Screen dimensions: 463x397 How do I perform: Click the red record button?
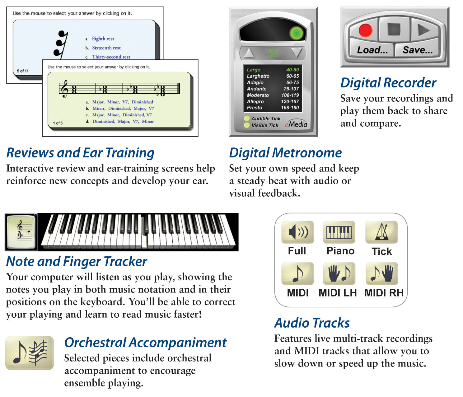coord(365,30)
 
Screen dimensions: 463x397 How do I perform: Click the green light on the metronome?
coord(296,33)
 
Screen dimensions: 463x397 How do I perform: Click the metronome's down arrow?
coord(297,53)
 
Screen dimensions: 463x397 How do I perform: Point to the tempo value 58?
coord(273,53)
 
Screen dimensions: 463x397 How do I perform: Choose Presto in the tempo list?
coord(255,108)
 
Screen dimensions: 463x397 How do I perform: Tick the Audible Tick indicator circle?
coord(247,118)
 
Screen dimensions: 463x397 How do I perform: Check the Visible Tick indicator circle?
coord(247,125)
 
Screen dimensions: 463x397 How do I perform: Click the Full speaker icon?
coord(297,232)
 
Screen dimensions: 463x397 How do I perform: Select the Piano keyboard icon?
coord(339,232)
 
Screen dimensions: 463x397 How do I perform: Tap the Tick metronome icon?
coord(381,232)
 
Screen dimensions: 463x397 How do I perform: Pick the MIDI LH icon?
coord(339,273)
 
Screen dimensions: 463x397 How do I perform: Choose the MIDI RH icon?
coord(382,273)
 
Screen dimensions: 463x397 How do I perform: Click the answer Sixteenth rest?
coord(106,48)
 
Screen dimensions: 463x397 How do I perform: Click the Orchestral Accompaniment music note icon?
coord(30,353)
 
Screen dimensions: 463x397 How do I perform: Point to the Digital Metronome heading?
coord(285,153)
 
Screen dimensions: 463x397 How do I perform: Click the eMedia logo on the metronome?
coord(296,124)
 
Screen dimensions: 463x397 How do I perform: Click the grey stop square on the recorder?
coord(394,29)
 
